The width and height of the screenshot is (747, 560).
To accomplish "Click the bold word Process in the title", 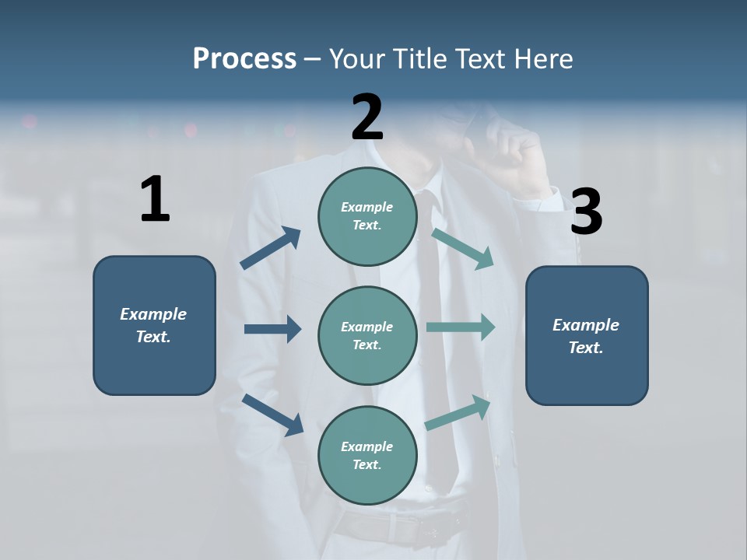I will [x=244, y=58].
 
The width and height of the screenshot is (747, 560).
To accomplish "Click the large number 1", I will [x=155, y=199].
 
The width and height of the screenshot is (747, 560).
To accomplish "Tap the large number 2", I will [x=367, y=117].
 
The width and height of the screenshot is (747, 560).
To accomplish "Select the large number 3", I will [x=586, y=212].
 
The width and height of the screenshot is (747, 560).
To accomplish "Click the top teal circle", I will [x=367, y=216].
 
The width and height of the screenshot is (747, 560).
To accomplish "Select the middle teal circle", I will [x=367, y=335].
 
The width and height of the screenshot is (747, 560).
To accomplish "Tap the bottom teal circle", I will [x=367, y=455].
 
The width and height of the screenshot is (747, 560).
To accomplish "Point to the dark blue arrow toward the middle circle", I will [x=272, y=329].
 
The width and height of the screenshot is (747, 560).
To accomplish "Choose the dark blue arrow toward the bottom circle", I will [x=272, y=415].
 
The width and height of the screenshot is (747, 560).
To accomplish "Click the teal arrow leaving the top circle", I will [x=462, y=248].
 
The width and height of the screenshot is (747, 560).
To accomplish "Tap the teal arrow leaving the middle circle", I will [x=461, y=327].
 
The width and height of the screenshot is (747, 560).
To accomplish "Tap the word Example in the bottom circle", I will [x=366, y=446].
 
